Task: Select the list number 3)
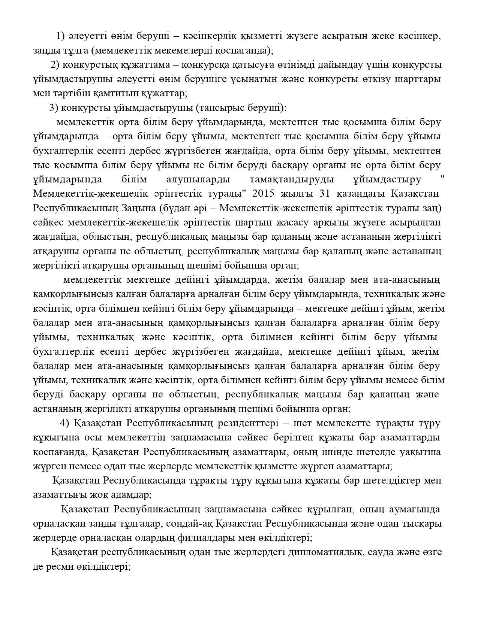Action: point(53,108)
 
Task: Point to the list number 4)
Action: point(64,423)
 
